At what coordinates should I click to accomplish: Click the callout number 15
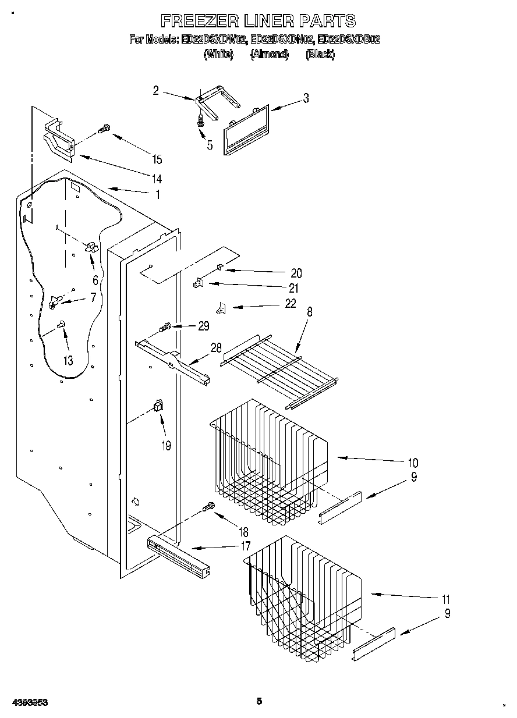(156, 159)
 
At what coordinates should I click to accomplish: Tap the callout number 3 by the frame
(306, 98)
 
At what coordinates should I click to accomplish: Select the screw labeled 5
(201, 120)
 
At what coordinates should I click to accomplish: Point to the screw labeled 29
(165, 328)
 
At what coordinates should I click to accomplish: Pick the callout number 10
(413, 463)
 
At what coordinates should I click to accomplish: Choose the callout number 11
(446, 599)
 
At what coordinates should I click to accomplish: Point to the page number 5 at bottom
(259, 701)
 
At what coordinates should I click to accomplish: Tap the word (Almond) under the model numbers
(270, 54)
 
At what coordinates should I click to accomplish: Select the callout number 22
(290, 303)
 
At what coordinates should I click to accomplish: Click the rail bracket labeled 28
(172, 364)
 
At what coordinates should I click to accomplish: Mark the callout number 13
(68, 361)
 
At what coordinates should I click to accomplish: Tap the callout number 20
(296, 273)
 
